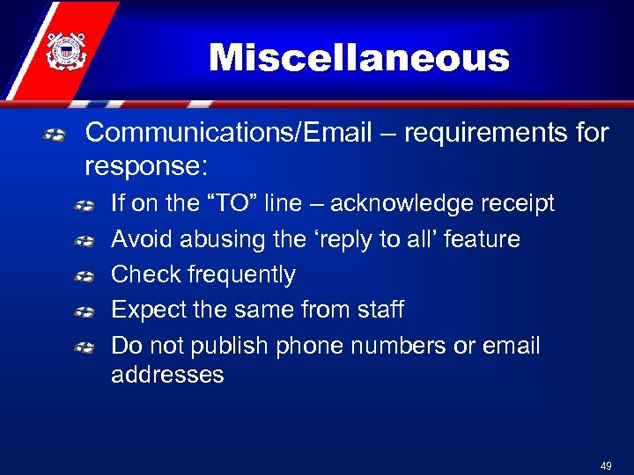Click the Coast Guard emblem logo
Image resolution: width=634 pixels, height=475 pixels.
[x=64, y=50]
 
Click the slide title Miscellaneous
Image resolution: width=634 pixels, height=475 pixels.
[x=358, y=59]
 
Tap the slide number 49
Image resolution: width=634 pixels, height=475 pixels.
[x=605, y=465]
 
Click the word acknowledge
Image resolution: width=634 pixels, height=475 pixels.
[x=404, y=203]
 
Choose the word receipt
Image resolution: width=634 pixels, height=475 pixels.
[x=517, y=203]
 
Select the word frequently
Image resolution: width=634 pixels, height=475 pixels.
[x=241, y=274]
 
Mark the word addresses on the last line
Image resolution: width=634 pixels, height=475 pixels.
[x=167, y=375]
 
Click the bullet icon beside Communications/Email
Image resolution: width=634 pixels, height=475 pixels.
[x=55, y=135]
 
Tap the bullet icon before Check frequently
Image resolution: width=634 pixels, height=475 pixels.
[x=85, y=275]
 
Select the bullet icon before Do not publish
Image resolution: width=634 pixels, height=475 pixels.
[x=85, y=347]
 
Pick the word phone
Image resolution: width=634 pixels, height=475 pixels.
[x=313, y=346]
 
